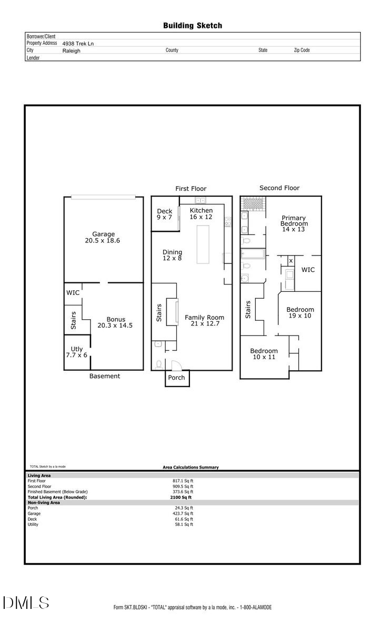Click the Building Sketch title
click(192, 25)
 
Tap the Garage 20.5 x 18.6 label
click(104, 237)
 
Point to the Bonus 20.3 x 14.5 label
click(115, 322)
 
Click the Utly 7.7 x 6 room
click(77, 352)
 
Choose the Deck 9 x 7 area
click(165, 214)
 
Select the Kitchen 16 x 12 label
click(201, 213)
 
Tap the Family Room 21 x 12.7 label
click(204, 320)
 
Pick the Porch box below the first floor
click(177, 378)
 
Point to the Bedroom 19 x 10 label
click(300, 313)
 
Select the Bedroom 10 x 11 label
click(264, 354)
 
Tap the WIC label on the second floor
click(308, 270)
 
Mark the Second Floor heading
click(279, 188)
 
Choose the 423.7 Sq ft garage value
click(184, 513)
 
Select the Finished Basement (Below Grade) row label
click(57, 492)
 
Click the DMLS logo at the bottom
click(26, 603)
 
